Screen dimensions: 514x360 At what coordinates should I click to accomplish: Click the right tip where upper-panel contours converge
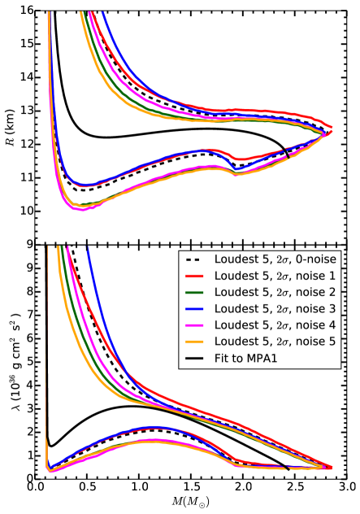[332, 129]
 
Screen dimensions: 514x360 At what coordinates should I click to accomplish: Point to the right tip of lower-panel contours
[332, 468]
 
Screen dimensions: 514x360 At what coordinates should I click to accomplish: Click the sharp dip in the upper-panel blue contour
[236, 169]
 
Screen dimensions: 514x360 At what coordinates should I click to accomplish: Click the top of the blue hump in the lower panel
[152, 426]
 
